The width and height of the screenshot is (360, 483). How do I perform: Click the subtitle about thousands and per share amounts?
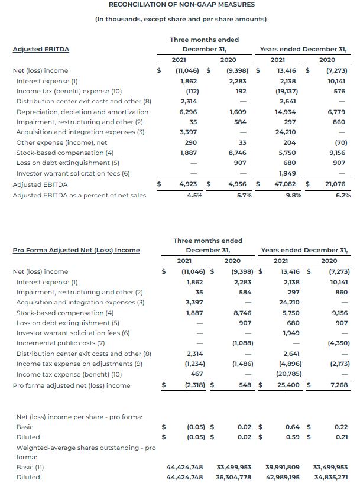[181, 19]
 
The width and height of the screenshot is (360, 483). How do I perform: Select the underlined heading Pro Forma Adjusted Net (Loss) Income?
[76, 250]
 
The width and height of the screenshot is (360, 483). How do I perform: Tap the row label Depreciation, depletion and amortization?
[82, 112]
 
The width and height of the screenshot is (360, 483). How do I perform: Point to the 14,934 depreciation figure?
[286, 112]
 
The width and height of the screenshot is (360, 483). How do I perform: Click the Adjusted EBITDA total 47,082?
[286, 184]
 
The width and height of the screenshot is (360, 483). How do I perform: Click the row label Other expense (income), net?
[62, 143]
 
